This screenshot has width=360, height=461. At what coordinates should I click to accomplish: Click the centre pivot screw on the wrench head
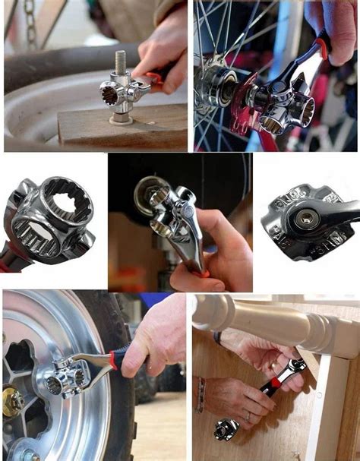point(307,219)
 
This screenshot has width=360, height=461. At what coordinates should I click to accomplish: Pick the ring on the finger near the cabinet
point(246,417)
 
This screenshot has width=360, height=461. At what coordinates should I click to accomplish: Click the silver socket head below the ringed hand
point(226,428)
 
